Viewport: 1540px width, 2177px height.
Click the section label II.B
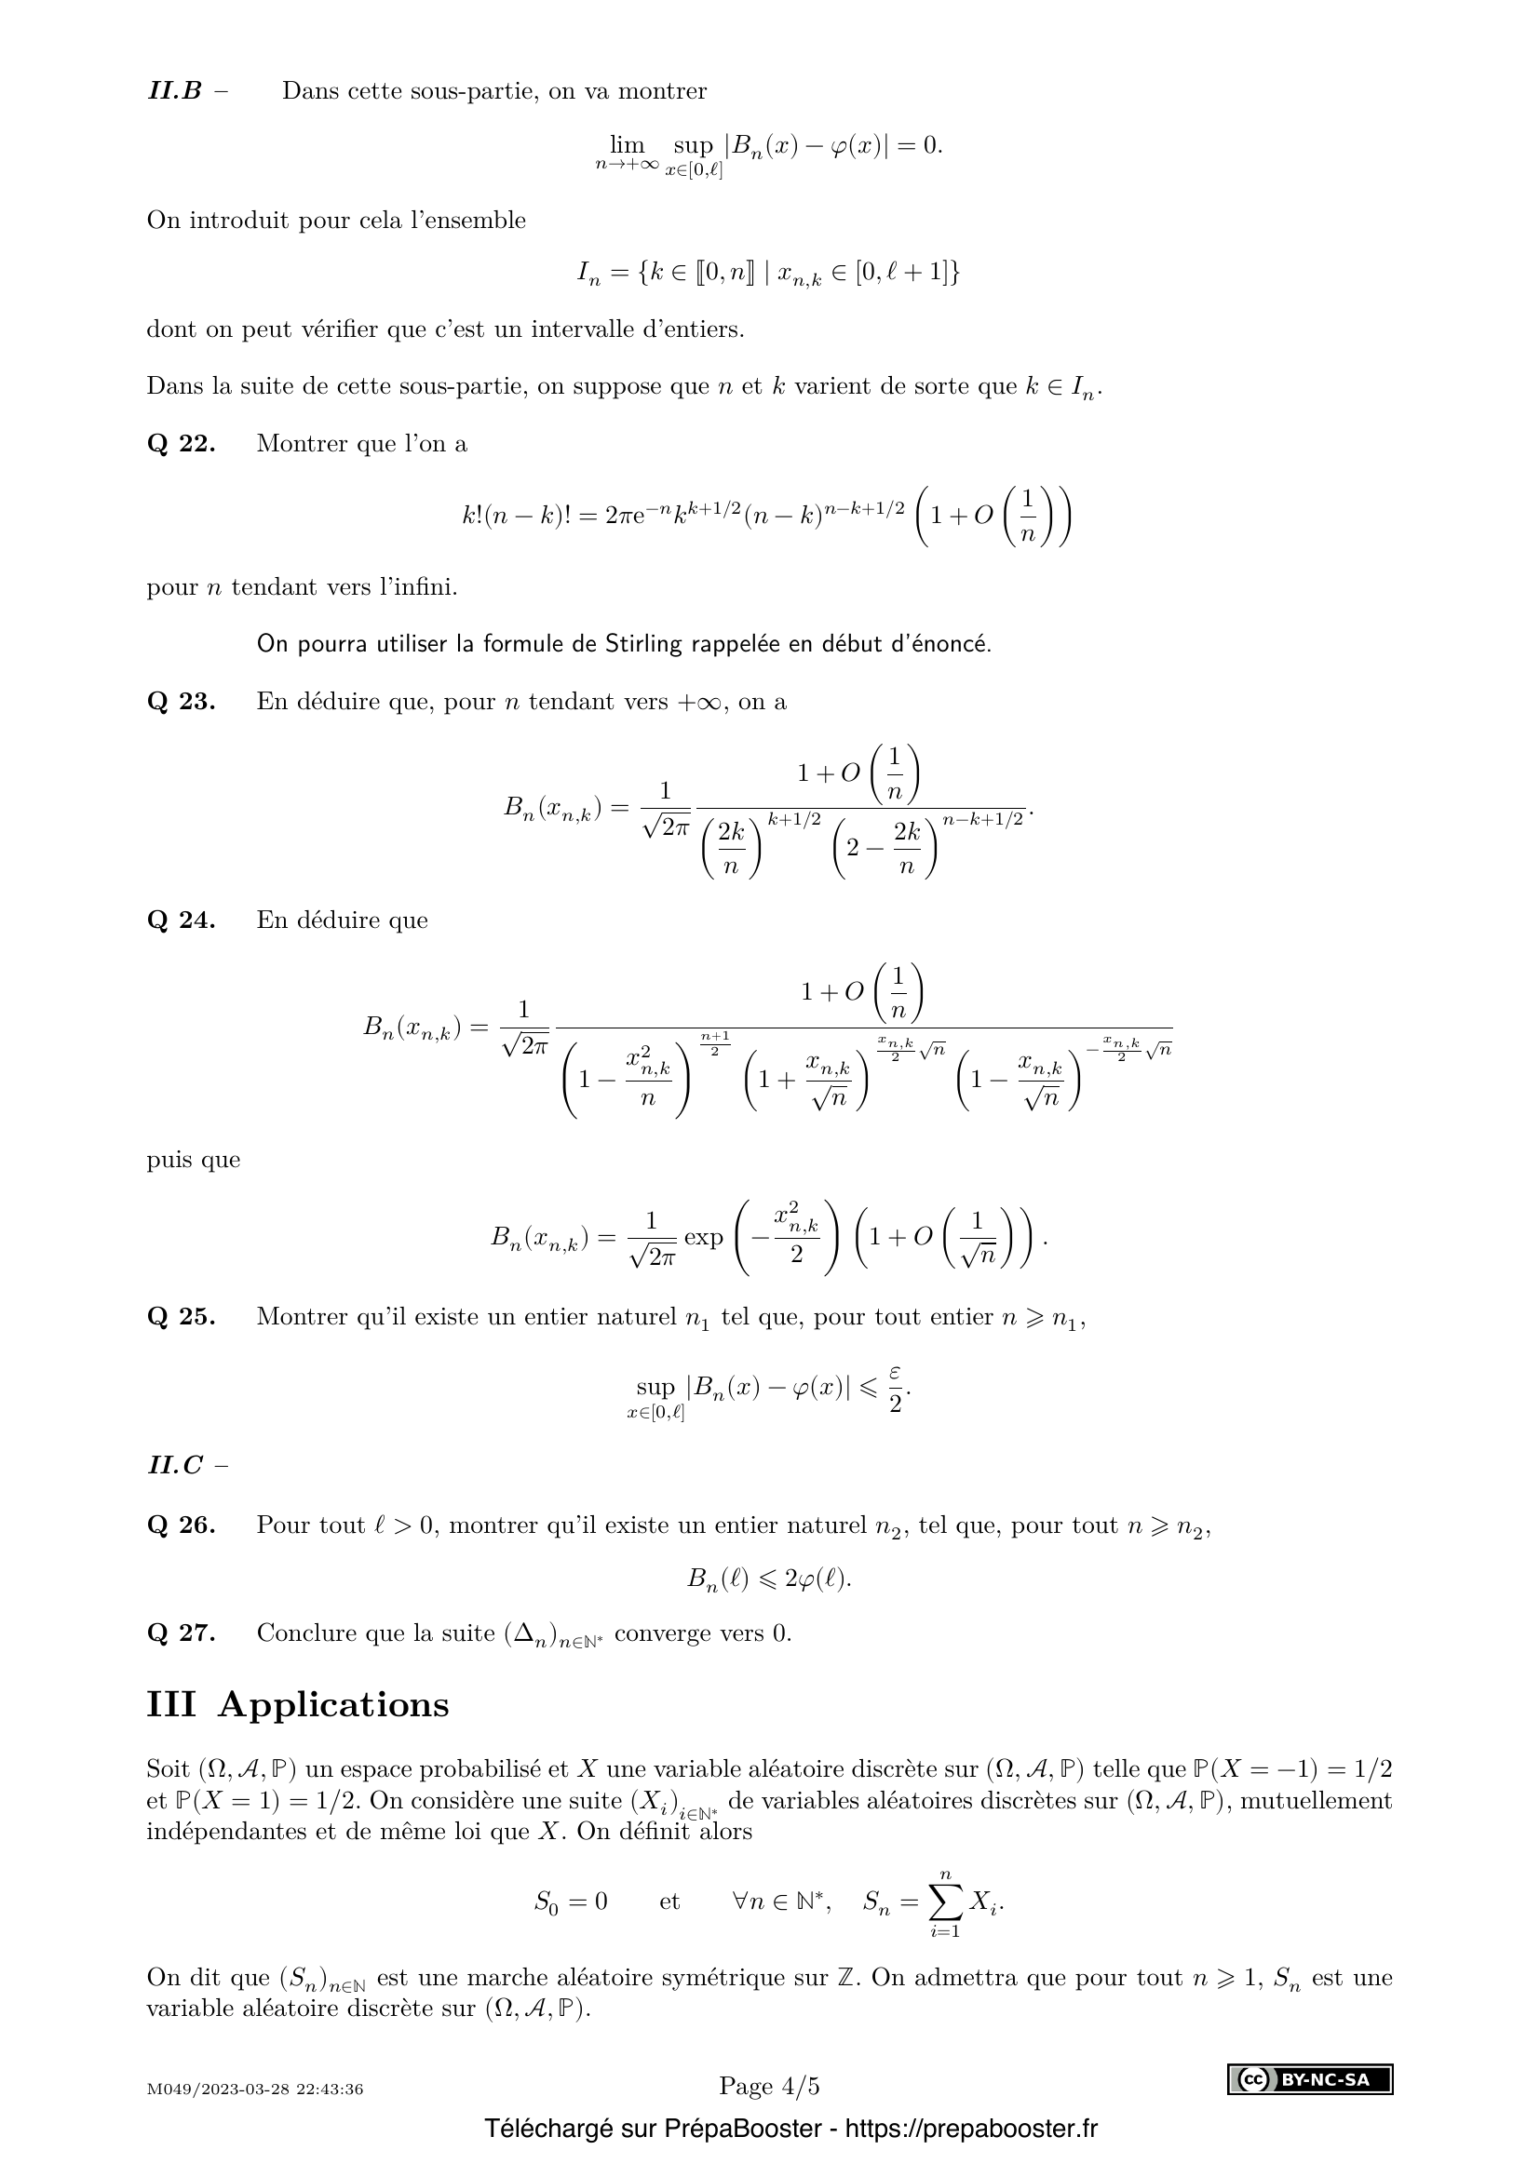pyautogui.click(x=175, y=91)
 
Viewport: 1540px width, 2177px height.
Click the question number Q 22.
pyautogui.click(x=182, y=444)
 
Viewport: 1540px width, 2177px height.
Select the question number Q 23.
pyautogui.click(x=182, y=702)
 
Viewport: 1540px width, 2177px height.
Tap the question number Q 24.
pyautogui.click(x=182, y=920)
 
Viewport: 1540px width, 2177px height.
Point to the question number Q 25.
pyautogui.click(x=182, y=1317)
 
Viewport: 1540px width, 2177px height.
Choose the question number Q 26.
pyautogui.click(x=182, y=1525)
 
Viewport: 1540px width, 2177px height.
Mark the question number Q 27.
pyautogui.click(x=182, y=1633)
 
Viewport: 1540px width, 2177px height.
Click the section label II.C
pyautogui.click(x=175, y=1465)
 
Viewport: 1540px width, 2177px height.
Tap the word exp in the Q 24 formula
pyautogui.click(x=703, y=1237)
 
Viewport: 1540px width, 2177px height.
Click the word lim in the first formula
pyautogui.click(x=627, y=145)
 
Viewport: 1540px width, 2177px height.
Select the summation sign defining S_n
pyautogui.click(x=944, y=1902)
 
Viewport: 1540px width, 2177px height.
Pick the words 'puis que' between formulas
pyautogui.click(x=194, y=1160)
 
